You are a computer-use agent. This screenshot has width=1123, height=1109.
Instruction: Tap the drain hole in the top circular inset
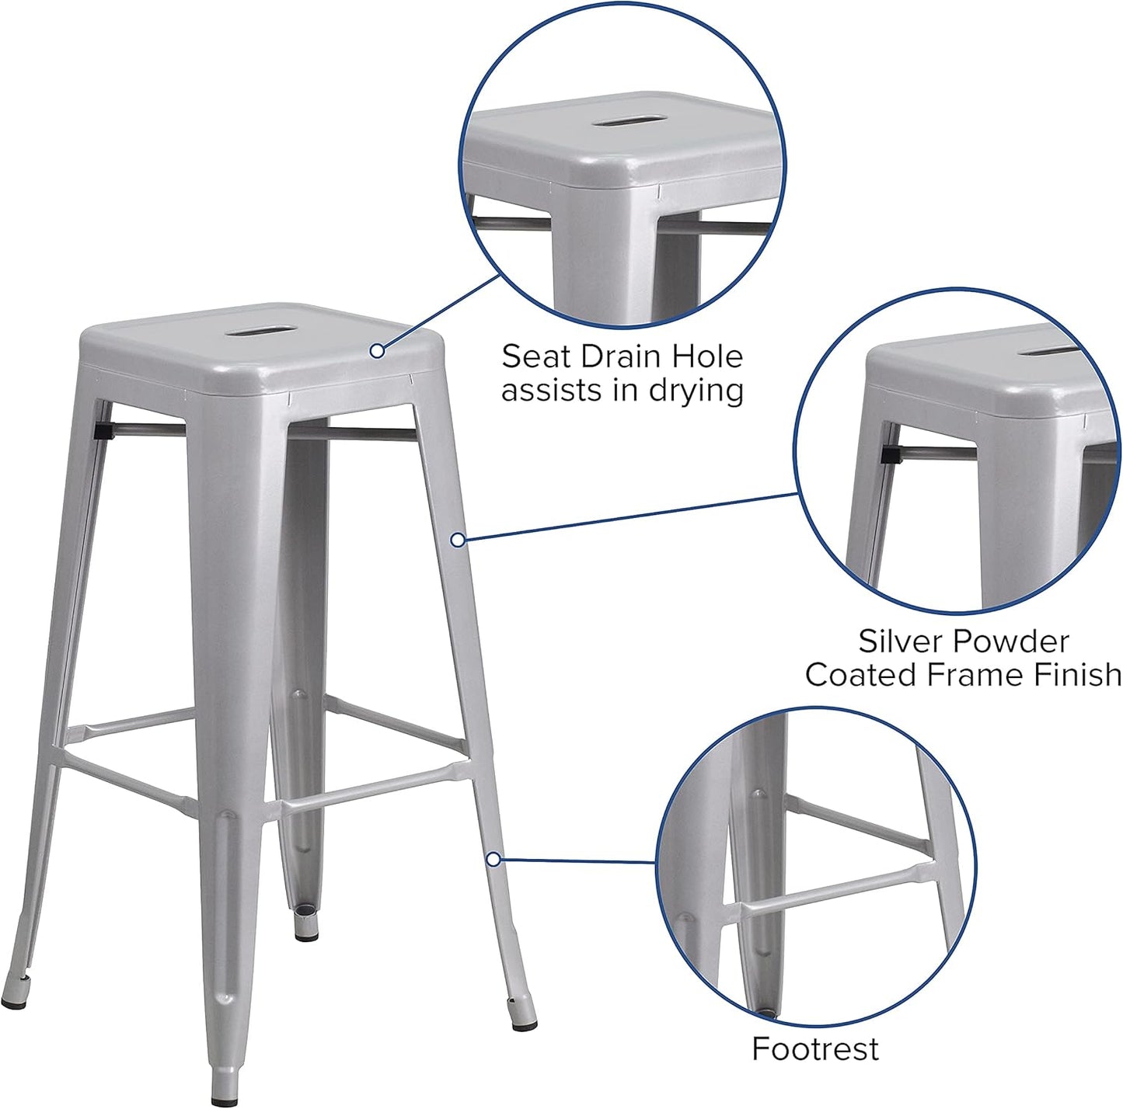[x=629, y=122]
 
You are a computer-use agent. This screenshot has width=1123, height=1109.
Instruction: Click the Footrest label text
[x=815, y=1049]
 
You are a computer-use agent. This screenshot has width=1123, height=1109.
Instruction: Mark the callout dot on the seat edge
[x=377, y=351]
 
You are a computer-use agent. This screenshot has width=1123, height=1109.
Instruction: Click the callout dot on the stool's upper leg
[x=459, y=539]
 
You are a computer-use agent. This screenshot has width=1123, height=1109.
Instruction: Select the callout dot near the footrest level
[x=493, y=859]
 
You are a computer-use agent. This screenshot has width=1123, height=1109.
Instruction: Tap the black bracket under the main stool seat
[x=102, y=428]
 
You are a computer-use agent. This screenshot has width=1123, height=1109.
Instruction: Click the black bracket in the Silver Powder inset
[x=891, y=453]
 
